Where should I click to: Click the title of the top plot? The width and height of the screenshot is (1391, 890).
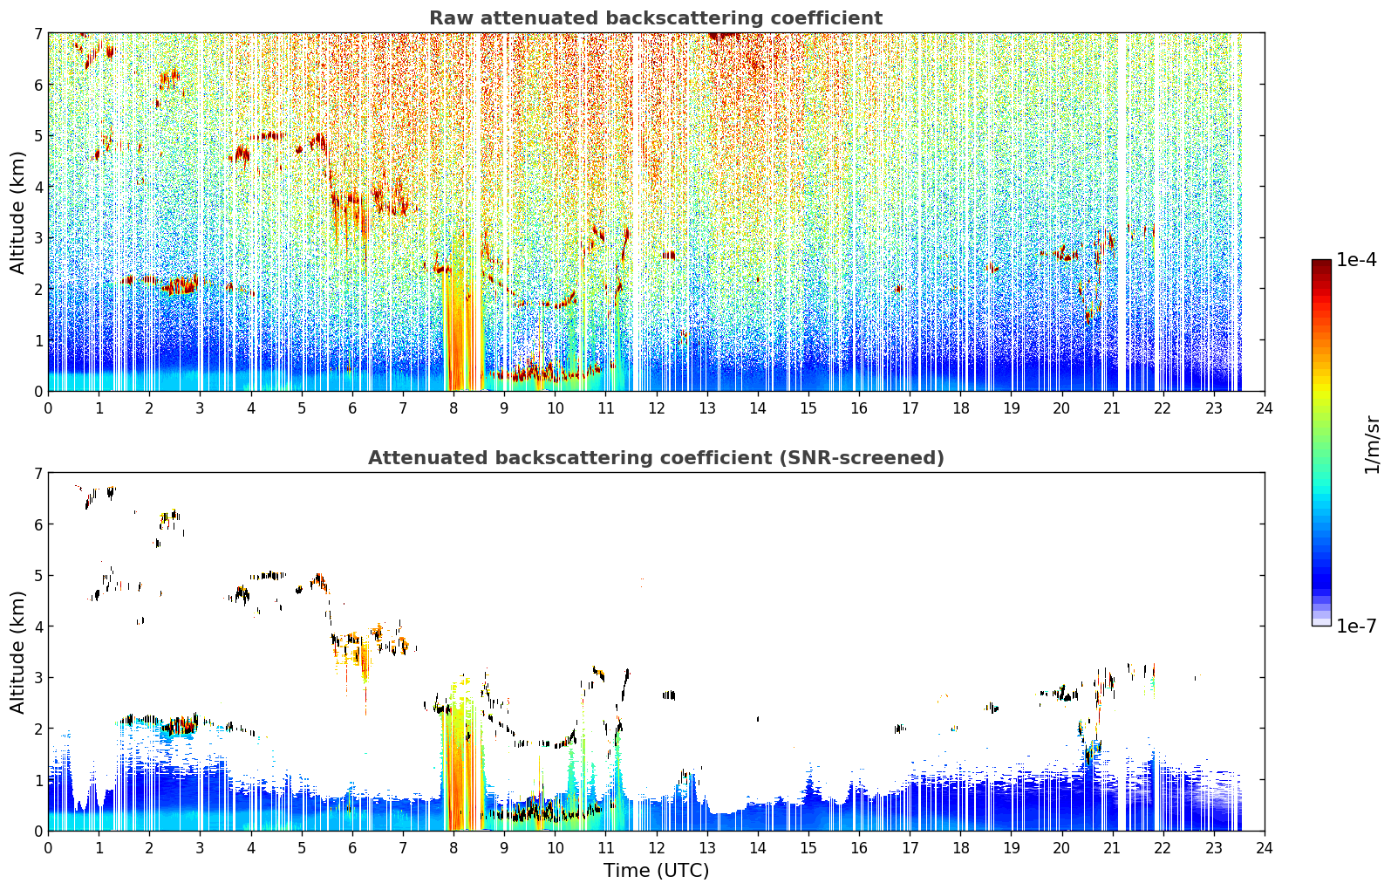point(656,18)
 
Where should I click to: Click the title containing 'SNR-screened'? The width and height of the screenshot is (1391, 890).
point(656,458)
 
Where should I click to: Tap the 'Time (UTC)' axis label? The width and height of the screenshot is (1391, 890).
point(656,871)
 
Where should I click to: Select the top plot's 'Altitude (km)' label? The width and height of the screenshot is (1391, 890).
point(17,212)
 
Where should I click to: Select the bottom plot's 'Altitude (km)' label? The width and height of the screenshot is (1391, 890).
point(17,652)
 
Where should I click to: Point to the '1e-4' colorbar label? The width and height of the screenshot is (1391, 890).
point(1356,260)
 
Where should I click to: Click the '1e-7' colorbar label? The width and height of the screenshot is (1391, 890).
point(1356,626)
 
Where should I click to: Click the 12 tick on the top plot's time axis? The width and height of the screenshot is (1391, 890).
point(657,408)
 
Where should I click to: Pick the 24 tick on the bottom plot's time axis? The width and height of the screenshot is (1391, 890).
point(1265,848)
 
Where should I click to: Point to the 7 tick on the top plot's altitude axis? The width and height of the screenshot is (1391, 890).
point(38,33)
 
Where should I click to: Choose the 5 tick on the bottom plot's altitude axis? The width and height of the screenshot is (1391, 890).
point(38,576)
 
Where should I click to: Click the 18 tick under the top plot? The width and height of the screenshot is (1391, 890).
point(961,408)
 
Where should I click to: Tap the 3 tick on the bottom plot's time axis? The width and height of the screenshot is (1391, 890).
point(200,848)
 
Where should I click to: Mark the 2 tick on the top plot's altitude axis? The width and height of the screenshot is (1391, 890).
point(38,289)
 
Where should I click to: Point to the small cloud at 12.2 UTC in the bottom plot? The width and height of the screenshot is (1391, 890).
point(669,695)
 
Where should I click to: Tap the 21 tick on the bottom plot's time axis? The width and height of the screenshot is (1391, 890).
point(1112,848)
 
